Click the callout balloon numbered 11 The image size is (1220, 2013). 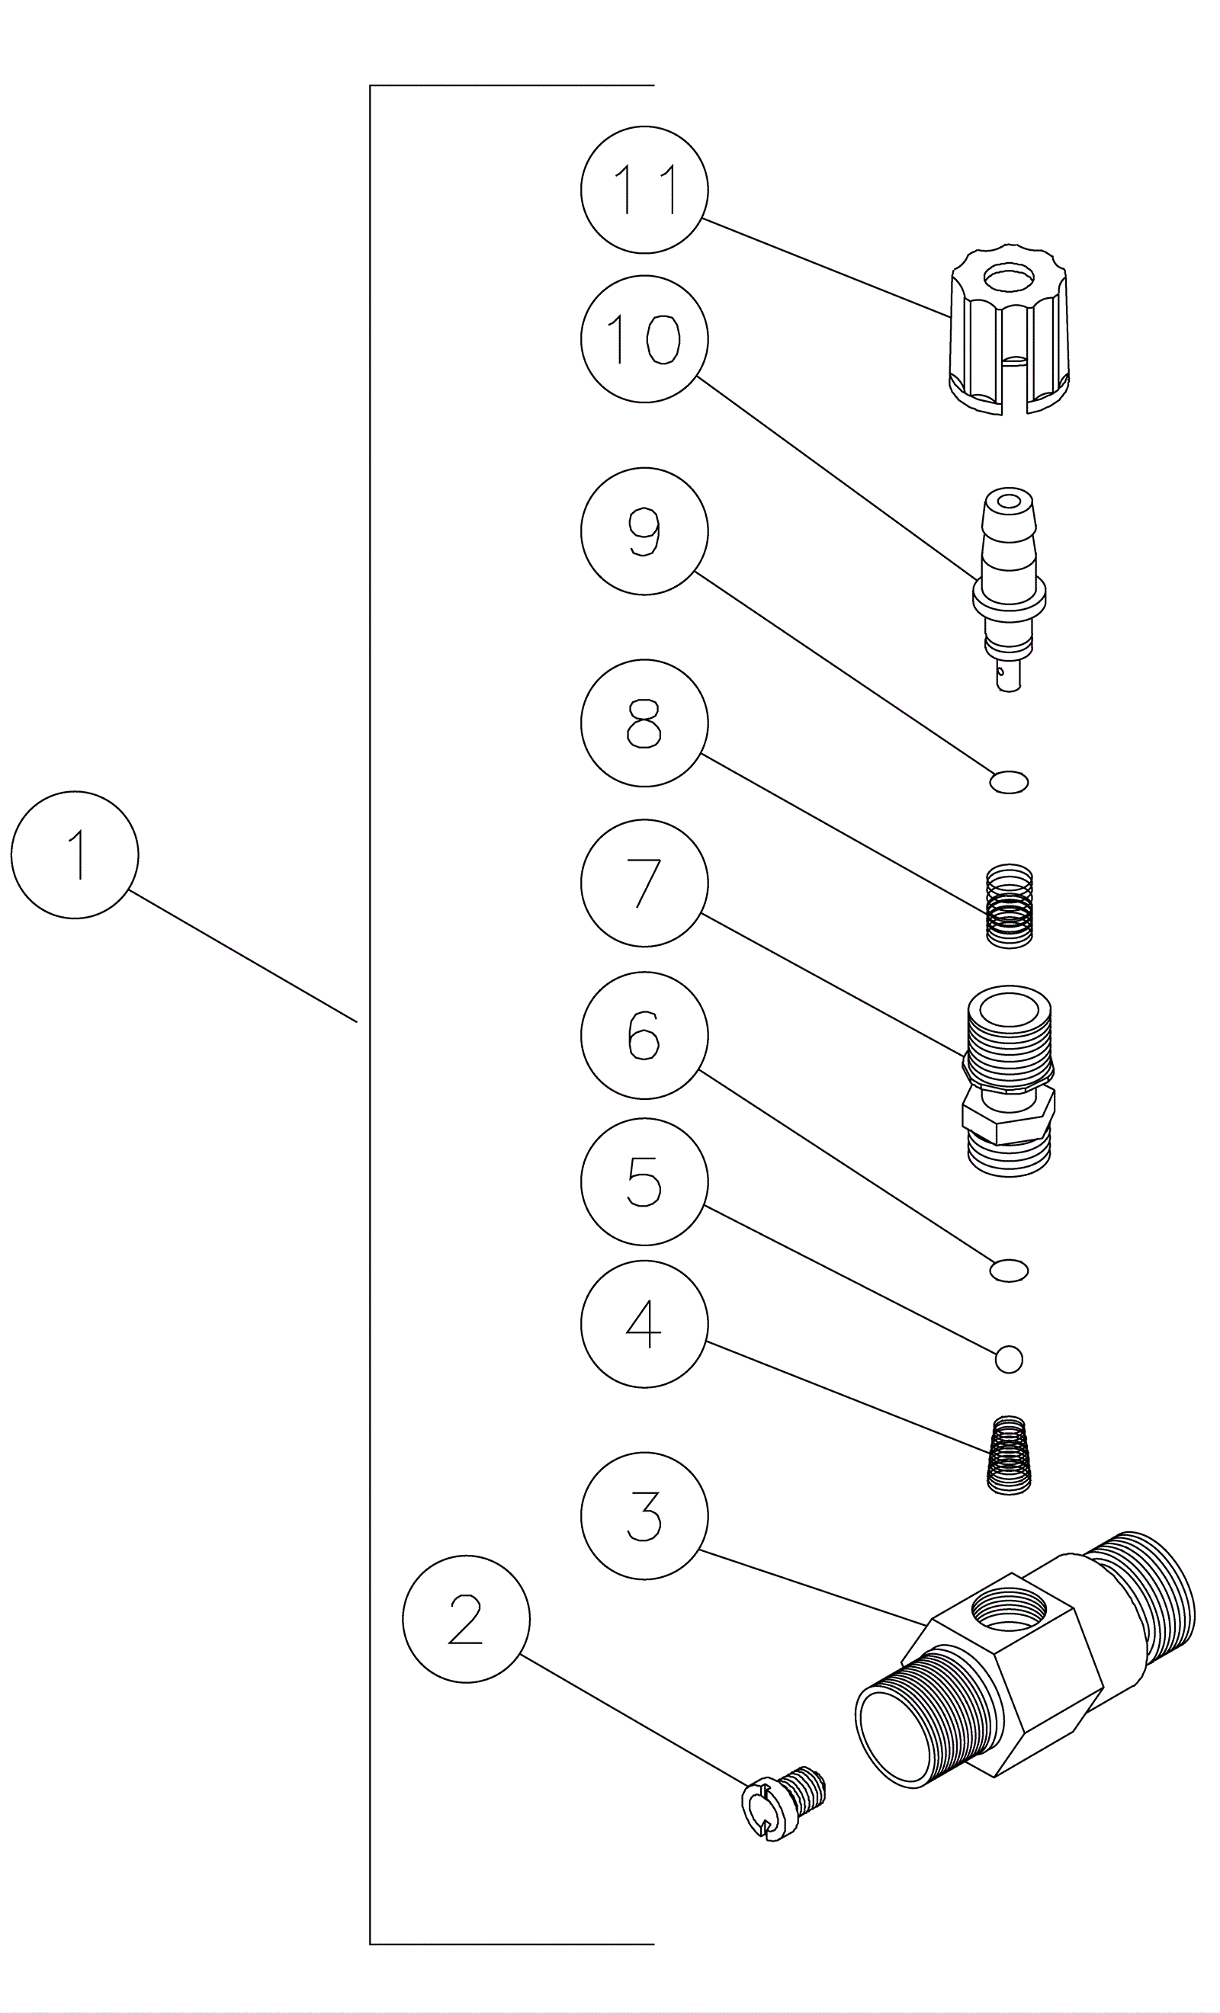[644, 190]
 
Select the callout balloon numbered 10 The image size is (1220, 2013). [644, 339]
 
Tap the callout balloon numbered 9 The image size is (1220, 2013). [644, 531]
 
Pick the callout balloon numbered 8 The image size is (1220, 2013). [644, 723]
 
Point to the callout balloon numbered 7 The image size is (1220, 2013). [644, 883]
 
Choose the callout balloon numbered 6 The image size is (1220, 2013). [644, 1035]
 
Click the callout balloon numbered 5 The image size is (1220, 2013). [644, 1181]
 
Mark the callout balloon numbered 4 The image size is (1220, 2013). [644, 1323]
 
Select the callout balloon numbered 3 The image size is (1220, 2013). [644, 1515]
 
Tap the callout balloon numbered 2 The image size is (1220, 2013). [466, 1618]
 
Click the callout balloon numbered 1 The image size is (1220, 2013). [75, 854]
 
